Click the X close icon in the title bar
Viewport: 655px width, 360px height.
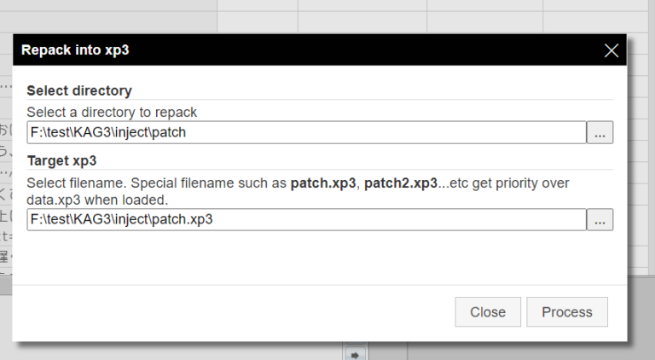click(611, 50)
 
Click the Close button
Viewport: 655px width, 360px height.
click(488, 312)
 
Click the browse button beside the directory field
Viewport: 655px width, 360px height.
click(600, 132)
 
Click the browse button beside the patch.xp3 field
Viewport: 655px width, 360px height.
click(600, 219)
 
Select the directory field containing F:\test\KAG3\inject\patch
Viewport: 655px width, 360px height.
click(305, 132)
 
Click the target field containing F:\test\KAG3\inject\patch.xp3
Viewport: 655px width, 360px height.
click(305, 219)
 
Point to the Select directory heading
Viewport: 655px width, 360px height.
click(79, 90)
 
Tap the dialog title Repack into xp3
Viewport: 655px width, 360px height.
click(75, 50)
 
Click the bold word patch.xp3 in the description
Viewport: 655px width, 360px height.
click(323, 183)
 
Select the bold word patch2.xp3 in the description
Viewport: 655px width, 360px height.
click(401, 183)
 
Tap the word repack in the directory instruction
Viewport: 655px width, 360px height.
click(176, 112)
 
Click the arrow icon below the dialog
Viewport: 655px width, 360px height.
click(356, 353)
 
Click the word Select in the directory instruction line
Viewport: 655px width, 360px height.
click(45, 112)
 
